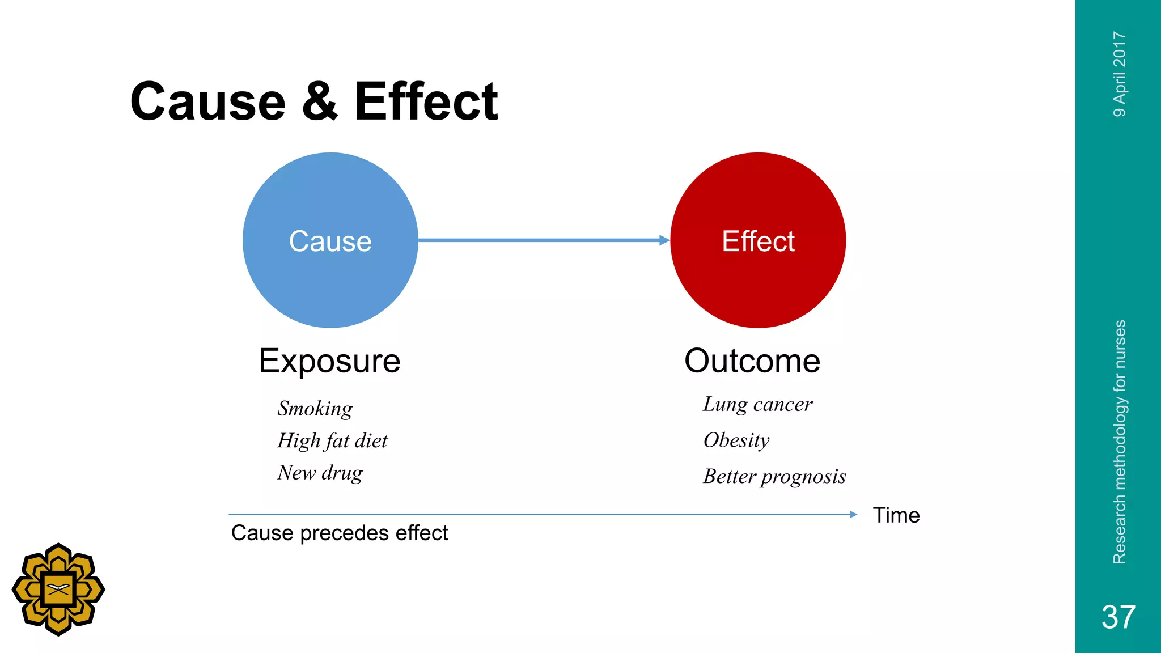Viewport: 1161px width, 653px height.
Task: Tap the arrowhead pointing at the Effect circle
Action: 664,240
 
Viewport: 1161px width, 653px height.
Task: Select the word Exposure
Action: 329,361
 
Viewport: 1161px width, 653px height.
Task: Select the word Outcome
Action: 752,361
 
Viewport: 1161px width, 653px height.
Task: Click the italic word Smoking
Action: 315,409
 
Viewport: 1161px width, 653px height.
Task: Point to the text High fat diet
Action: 332,441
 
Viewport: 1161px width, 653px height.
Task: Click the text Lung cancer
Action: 757,405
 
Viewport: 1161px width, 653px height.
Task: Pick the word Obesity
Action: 736,440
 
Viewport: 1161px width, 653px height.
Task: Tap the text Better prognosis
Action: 774,477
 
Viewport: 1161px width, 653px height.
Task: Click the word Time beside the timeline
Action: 896,515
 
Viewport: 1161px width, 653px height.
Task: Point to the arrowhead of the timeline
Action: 854,514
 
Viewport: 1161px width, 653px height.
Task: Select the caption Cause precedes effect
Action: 339,533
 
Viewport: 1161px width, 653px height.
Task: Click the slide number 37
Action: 1118,617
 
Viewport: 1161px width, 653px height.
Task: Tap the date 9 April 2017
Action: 1120,74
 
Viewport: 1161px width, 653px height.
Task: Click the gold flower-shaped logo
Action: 58,590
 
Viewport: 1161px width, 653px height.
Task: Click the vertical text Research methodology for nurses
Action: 1120,442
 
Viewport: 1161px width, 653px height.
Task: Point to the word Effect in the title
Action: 426,101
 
